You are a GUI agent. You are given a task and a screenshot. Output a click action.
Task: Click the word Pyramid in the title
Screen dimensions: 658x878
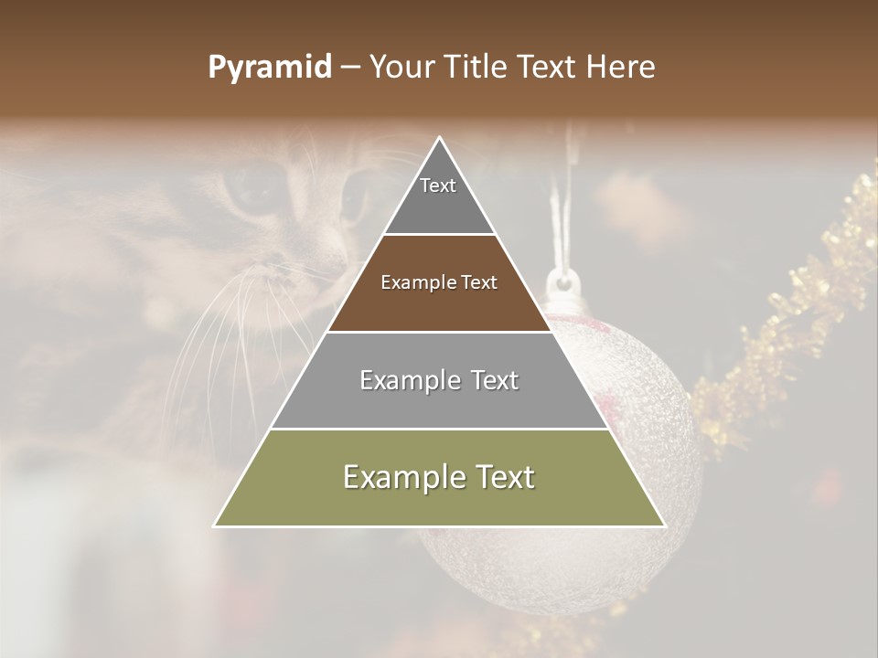coord(269,68)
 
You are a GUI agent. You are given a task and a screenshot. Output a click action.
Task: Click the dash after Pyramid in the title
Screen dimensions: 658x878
coord(350,68)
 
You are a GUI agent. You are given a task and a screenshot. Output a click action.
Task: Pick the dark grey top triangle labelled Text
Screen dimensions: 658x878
coord(439,196)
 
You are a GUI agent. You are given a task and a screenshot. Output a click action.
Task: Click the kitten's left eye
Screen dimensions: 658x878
coord(249,187)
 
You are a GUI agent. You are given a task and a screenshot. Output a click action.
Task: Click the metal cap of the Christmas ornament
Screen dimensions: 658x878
coord(562,283)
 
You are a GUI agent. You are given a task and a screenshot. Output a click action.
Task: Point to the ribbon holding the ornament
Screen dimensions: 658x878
coord(560,219)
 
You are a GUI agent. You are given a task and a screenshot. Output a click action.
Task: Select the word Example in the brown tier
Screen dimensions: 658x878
coord(412,283)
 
